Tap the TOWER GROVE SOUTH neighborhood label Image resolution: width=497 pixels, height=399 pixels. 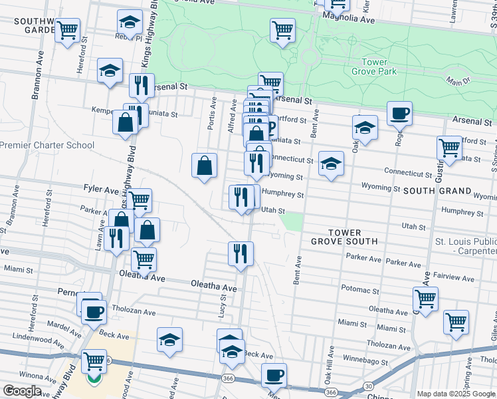(344, 237)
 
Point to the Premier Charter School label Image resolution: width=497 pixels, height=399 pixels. (47, 145)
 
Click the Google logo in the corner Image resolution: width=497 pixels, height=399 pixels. (22, 390)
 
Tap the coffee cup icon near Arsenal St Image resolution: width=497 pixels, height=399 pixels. (399, 114)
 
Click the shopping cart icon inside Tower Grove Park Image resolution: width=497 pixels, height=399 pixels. (282, 30)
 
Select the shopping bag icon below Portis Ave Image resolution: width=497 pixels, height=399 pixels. (205, 166)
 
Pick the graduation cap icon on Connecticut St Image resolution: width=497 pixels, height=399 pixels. (331, 164)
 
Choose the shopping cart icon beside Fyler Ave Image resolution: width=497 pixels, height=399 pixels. (139, 200)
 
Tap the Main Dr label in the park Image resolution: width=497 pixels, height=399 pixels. (458, 81)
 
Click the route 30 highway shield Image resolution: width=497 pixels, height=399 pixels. (368, 386)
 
